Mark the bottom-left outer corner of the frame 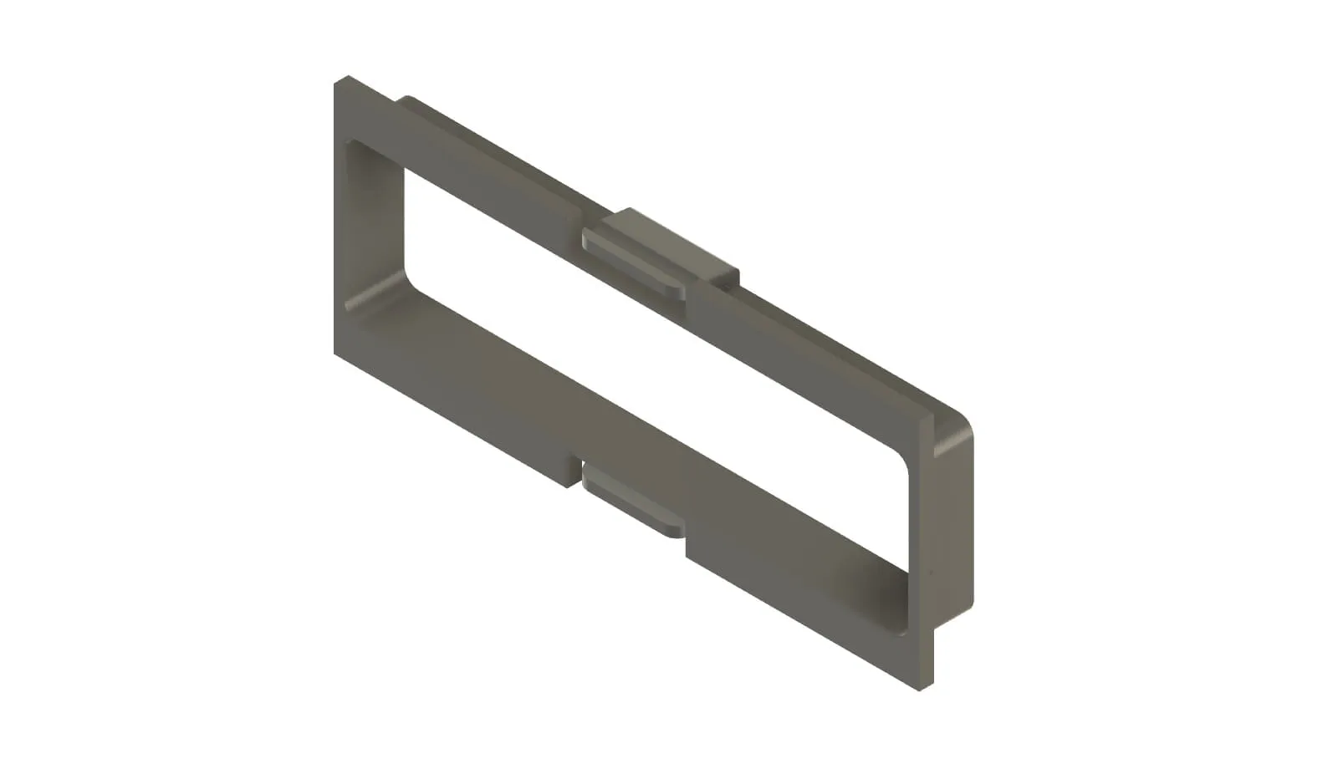[336, 352]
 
